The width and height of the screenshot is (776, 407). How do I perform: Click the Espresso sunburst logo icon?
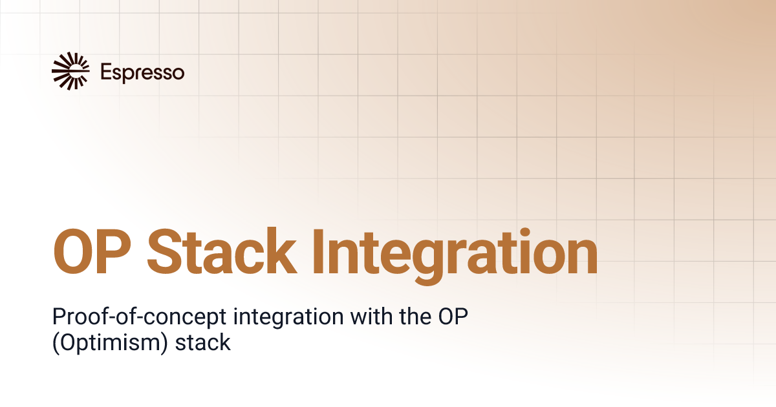click(x=70, y=70)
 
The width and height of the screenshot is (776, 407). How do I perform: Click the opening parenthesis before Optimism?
click(x=55, y=342)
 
